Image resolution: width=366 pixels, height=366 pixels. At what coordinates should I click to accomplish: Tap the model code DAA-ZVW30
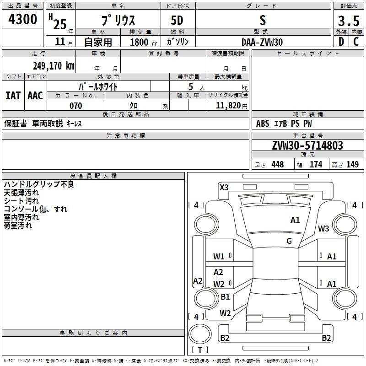click(x=262, y=42)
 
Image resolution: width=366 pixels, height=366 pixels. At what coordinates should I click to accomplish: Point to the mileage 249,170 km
click(x=54, y=65)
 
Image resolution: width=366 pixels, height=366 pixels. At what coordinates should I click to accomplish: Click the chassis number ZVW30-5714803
click(x=307, y=145)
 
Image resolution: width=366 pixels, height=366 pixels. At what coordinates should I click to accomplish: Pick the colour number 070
click(x=75, y=106)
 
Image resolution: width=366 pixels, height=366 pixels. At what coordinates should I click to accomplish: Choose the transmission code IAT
click(x=13, y=95)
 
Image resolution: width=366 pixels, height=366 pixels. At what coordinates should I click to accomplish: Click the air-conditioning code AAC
click(x=35, y=95)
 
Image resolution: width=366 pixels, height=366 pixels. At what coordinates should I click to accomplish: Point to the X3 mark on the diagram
click(x=224, y=187)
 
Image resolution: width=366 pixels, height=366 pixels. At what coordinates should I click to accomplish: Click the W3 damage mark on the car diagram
click(x=323, y=229)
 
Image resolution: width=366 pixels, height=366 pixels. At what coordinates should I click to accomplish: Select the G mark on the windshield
click(x=289, y=241)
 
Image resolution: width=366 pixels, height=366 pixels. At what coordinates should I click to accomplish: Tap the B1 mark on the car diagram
click(x=225, y=297)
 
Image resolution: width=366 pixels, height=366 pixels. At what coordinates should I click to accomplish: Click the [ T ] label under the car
click(x=199, y=350)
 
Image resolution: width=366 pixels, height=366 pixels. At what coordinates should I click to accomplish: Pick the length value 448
click(x=277, y=165)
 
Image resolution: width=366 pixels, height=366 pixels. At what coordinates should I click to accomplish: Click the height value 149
click(x=352, y=165)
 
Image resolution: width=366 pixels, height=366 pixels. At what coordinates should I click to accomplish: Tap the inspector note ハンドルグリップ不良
click(x=38, y=184)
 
